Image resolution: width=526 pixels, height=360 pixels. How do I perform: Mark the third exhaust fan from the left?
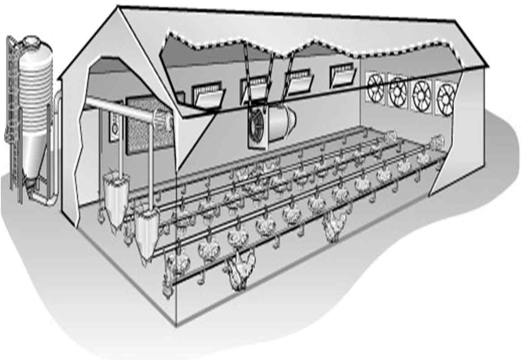pyautogui.click(x=421, y=92)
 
